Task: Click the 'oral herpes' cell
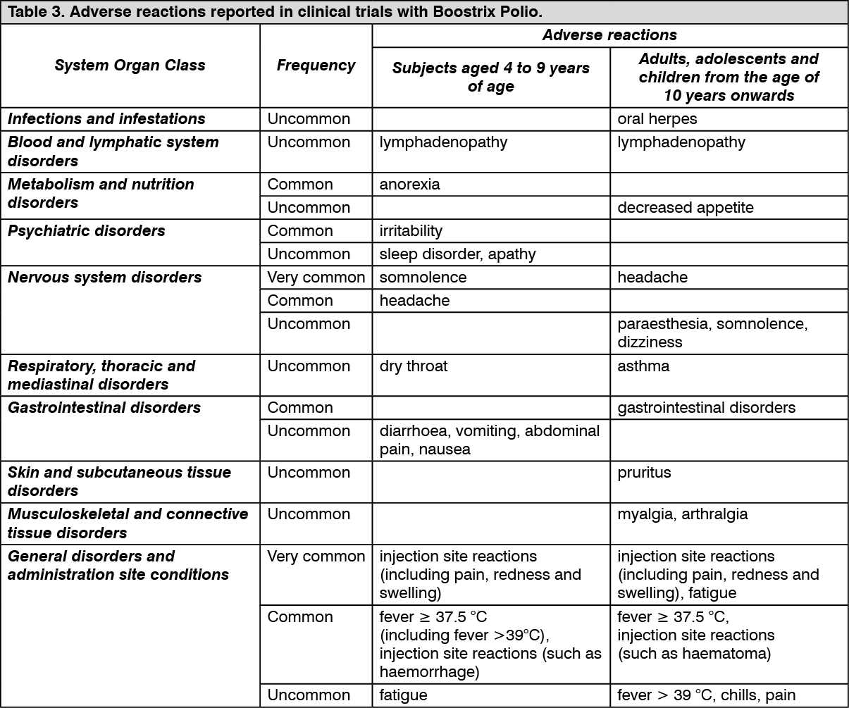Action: (x=657, y=119)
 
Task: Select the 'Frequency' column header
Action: (x=316, y=66)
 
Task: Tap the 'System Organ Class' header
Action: (x=130, y=66)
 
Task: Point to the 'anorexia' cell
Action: (x=410, y=185)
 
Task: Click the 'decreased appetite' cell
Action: (x=686, y=208)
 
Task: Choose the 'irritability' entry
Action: (x=411, y=231)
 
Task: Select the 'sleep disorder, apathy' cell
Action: (x=458, y=254)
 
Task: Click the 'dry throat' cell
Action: (x=414, y=366)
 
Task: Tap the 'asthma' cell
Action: (x=643, y=366)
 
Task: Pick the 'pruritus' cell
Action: (x=645, y=473)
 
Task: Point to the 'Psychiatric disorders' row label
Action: (x=87, y=231)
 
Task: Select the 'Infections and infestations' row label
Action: (x=106, y=119)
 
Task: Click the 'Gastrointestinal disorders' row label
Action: (x=104, y=408)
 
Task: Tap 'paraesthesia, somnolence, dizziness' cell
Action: (x=712, y=333)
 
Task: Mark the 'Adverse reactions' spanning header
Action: (x=609, y=35)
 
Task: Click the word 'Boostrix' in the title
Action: (x=460, y=13)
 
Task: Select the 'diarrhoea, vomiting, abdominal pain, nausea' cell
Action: (x=490, y=440)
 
